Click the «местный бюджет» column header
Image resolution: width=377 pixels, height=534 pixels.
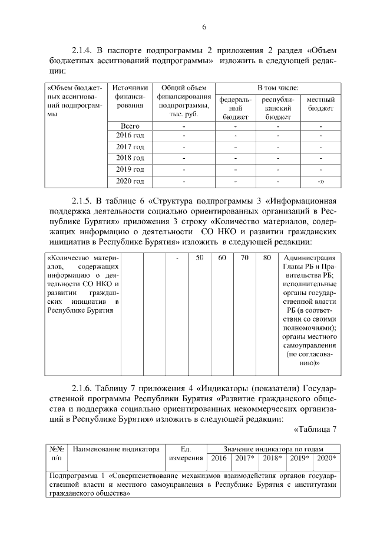[321, 104]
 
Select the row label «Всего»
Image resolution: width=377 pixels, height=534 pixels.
[130, 126]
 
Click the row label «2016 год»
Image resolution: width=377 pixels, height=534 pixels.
[130, 136]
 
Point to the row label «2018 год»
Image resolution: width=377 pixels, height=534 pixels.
[130, 158]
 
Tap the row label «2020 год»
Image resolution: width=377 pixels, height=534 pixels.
[130, 180]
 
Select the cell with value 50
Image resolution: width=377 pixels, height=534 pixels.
[200, 257]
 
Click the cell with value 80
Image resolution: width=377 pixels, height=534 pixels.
[267, 257]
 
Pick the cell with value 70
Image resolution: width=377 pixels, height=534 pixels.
[244, 257]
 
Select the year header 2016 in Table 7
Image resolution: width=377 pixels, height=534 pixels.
[219, 458]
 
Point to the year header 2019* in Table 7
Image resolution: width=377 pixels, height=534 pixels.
[299, 458]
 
